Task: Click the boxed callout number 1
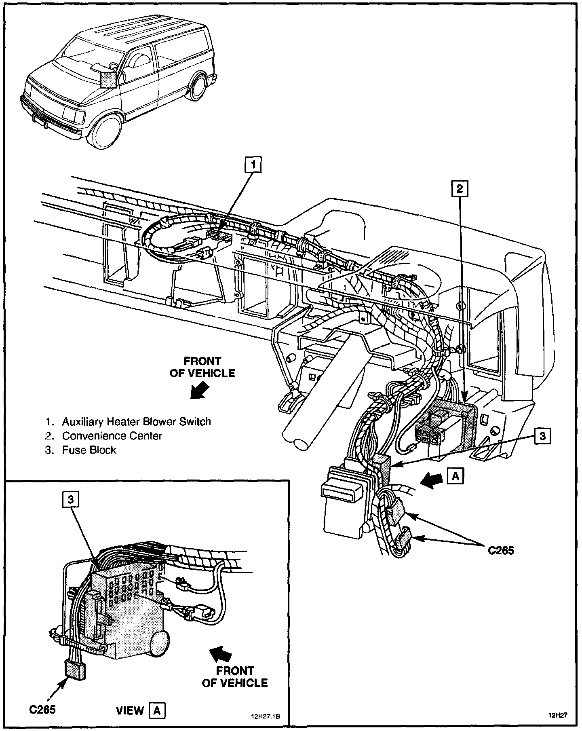coord(253,165)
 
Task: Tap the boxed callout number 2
coord(460,188)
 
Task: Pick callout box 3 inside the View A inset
coord(70,500)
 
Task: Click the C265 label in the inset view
coord(42,710)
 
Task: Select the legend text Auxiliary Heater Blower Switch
coord(136,422)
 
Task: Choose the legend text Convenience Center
coord(112,436)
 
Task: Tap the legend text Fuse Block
coord(89,450)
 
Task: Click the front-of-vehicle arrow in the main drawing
coord(201,391)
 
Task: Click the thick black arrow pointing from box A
coord(431,479)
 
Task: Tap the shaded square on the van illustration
coord(108,79)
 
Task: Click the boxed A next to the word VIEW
coord(157,710)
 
